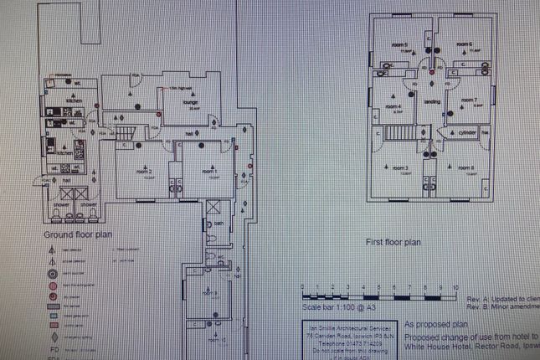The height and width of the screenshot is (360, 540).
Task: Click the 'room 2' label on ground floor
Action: pyautogui.click(x=144, y=171)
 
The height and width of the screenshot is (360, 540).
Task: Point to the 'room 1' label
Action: pyautogui.click(x=208, y=171)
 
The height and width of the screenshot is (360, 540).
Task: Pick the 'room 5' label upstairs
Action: pyautogui.click(x=400, y=44)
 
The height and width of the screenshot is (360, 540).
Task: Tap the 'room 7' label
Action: pyautogui.click(x=477, y=100)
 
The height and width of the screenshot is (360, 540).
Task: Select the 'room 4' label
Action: pyautogui.click(x=393, y=106)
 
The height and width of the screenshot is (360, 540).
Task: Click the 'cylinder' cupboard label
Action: pyautogui.click(x=467, y=132)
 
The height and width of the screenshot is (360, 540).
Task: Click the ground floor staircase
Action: pyautogui.click(x=123, y=134)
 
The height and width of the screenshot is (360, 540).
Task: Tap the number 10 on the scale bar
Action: pyautogui.click(x=455, y=287)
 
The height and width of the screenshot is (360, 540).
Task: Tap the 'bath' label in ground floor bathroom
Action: pyautogui.click(x=218, y=224)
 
